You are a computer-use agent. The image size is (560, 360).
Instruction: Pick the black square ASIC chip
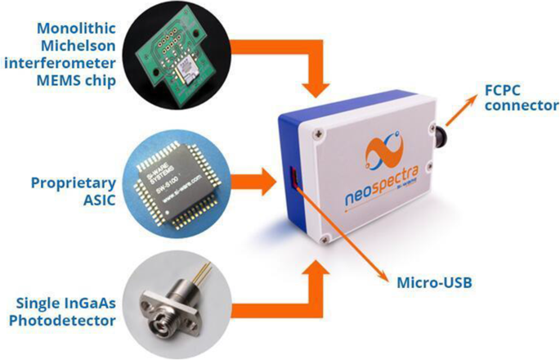click(x=185, y=178)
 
